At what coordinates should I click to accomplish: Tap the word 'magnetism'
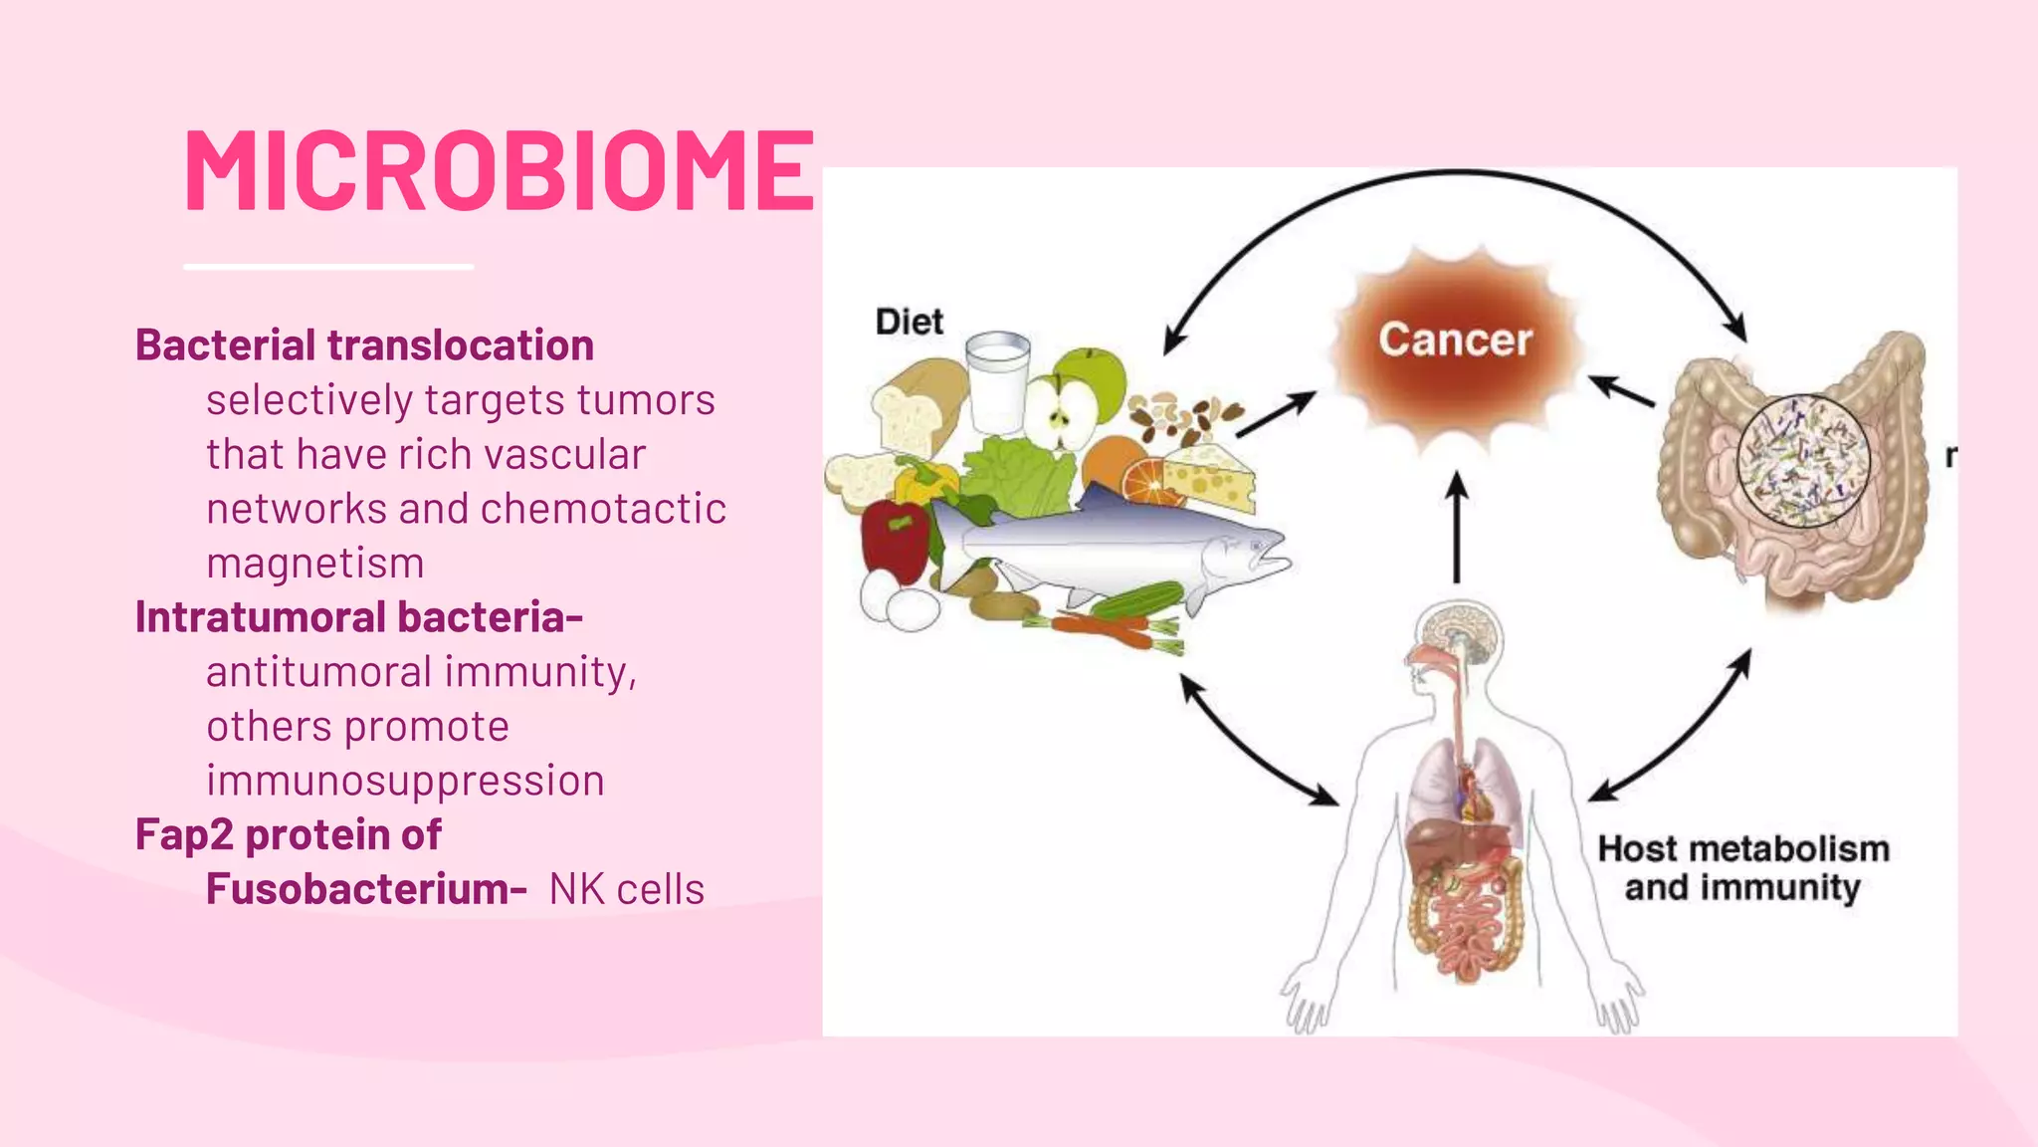click(x=315, y=564)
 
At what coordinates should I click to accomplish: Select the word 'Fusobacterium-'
click(x=366, y=889)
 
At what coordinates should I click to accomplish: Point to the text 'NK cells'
click(x=627, y=889)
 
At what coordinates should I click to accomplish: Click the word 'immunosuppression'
click(x=405, y=781)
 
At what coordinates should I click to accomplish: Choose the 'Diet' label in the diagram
click(x=909, y=322)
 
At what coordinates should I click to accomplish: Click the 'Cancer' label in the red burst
click(x=1455, y=341)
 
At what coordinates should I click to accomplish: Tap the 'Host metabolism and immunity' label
click(x=1742, y=868)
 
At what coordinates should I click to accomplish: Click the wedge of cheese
click(x=1209, y=475)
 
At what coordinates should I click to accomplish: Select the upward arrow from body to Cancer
click(x=1457, y=528)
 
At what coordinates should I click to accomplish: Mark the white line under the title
click(x=328, y=267)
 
